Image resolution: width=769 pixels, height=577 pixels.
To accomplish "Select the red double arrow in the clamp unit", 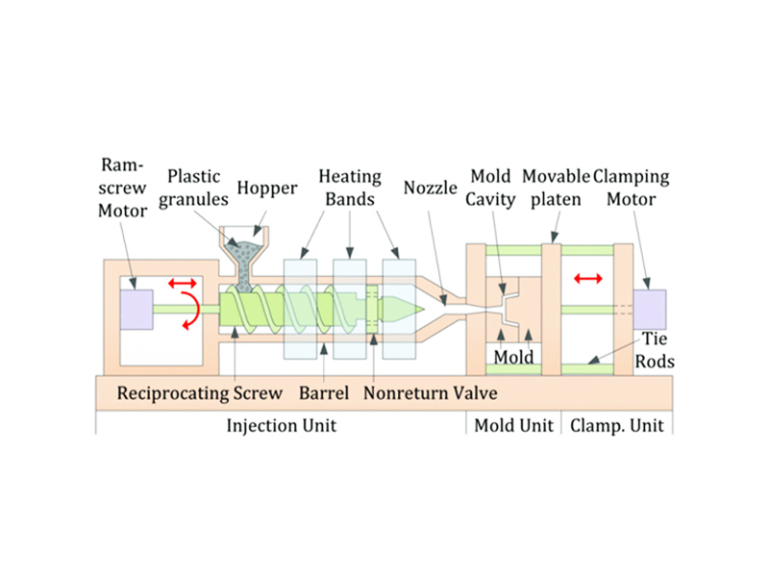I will point(587,278).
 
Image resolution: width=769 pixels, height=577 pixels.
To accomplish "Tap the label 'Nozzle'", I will point(432,188).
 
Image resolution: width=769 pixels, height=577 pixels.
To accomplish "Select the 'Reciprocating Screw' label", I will point(200,393).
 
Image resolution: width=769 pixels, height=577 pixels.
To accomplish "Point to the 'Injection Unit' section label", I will point(281,425).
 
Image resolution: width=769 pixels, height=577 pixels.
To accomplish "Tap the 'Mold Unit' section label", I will point(514,425).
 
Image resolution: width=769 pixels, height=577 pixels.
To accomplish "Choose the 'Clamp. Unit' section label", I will point(617,425).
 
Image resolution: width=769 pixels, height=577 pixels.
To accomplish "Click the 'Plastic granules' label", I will point(194,188).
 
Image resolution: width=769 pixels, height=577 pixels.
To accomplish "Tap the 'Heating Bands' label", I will point(350,188).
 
